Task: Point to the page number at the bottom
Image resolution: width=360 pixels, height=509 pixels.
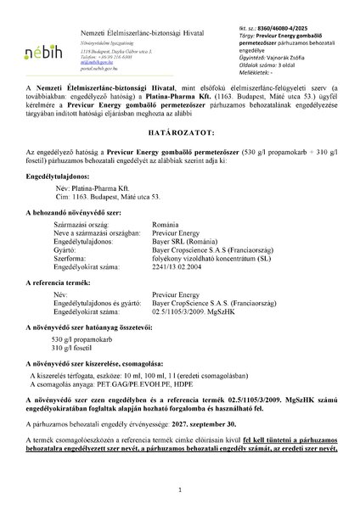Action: pyautogui.click(x=180, y=490)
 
